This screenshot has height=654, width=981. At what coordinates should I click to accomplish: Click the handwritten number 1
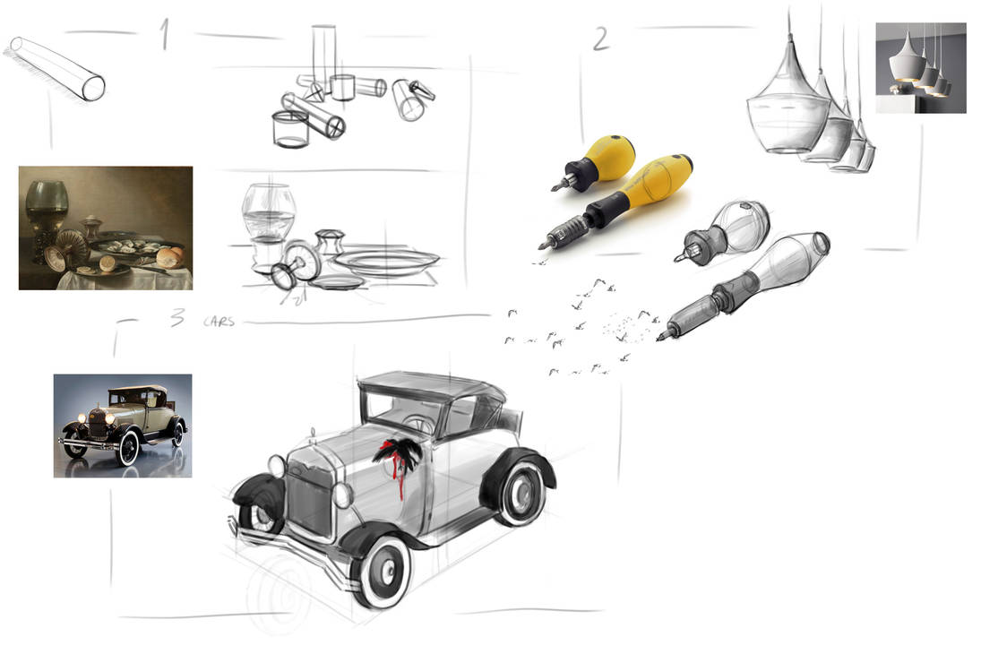165,34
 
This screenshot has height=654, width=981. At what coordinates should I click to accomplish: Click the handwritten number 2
600,39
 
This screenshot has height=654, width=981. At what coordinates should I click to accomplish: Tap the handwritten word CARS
219,322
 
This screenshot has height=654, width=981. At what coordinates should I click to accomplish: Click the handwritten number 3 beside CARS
177,317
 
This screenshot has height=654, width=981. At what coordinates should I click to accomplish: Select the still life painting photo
106,228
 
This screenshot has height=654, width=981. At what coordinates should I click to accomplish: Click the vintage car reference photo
123,426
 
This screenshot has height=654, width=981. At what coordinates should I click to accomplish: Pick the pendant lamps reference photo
921,67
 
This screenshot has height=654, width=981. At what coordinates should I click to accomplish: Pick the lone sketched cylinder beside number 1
57,67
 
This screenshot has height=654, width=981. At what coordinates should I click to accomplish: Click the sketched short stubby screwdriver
724,231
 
